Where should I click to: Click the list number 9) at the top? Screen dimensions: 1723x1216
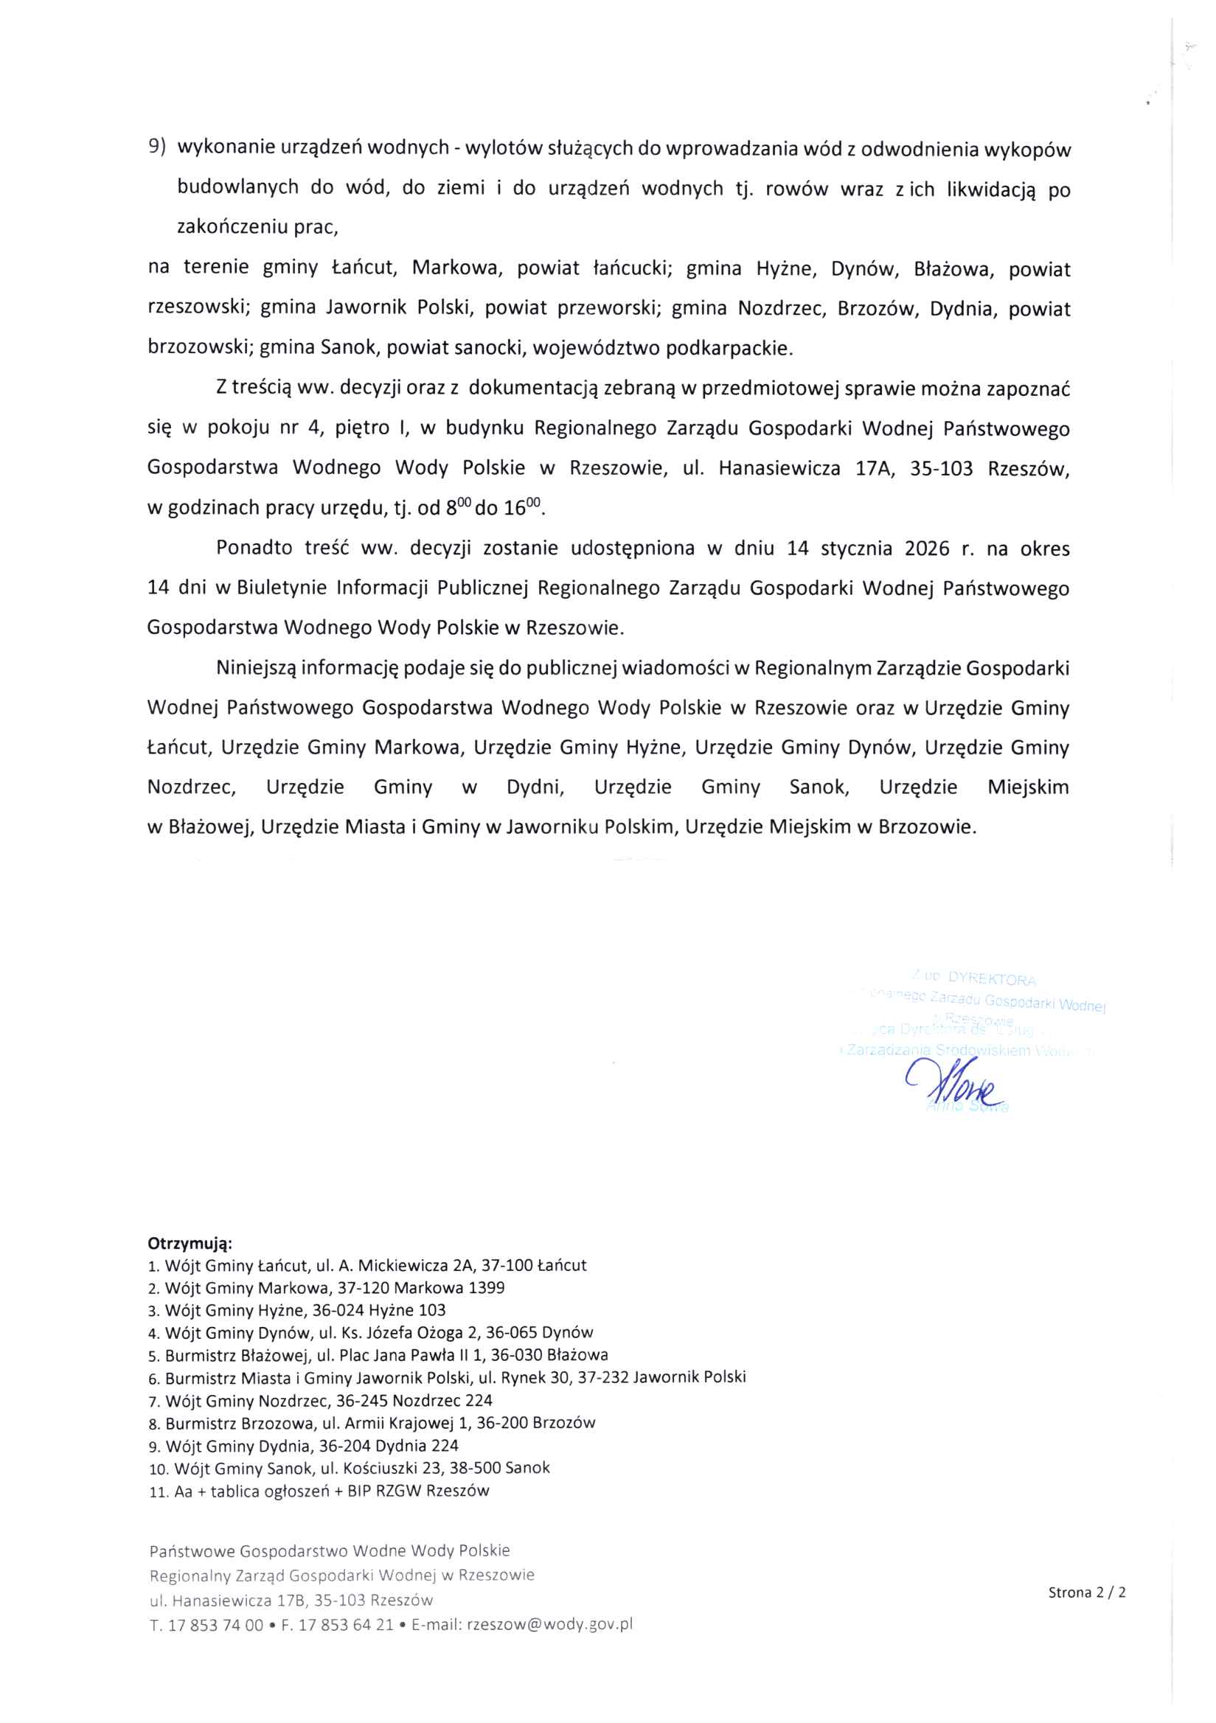(157, 147)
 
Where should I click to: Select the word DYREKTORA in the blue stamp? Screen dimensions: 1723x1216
(992, 979)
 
